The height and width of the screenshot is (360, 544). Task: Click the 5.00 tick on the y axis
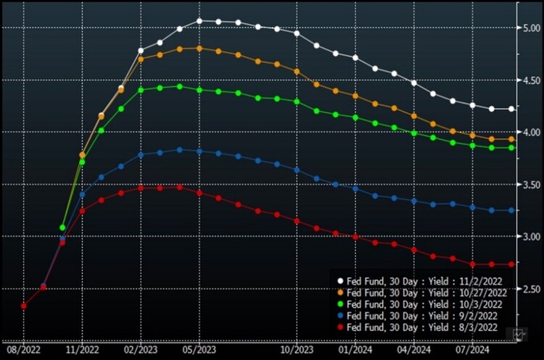[x=532, y=28]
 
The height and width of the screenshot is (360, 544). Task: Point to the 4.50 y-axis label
[x=532, y=80]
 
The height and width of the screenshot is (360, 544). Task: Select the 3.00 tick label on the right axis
[x=532, y=237]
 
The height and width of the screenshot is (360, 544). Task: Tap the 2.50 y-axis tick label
[x=532, y=289]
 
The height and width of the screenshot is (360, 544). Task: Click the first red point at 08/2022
[x=24, y=306]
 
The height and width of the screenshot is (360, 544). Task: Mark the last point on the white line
[x=512, y=109]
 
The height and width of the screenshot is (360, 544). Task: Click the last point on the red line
[x=512, y=264]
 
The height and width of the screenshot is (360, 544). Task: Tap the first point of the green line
[x=62, y=228]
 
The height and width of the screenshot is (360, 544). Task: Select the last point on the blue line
[x=512, y=210]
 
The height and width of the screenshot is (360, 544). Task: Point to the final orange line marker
[x=512, y=139]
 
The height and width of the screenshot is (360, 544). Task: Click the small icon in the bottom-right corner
[x=519, y=333]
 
